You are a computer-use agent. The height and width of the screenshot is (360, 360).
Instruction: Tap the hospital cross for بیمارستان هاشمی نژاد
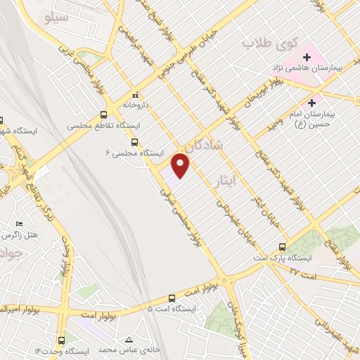307,57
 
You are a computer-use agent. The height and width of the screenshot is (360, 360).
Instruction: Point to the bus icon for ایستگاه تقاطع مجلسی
104,115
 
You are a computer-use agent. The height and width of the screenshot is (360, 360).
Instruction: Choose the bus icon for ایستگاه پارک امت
283,247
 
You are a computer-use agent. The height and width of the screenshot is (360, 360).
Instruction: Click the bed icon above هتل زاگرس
20,224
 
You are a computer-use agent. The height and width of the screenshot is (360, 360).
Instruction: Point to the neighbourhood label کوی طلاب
262,44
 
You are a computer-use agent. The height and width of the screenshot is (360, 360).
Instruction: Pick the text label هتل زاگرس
20,235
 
